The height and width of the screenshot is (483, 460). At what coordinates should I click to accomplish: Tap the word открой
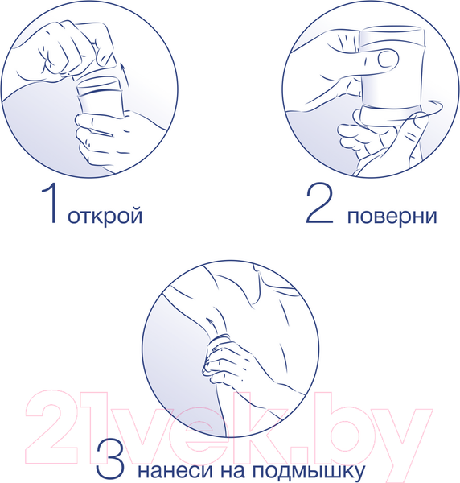106,217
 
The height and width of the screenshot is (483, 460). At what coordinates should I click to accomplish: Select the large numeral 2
321,205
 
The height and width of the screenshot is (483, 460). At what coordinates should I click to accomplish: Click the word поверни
392,217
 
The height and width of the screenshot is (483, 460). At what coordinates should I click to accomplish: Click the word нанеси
171,469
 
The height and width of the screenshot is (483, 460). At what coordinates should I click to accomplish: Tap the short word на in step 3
228,469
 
